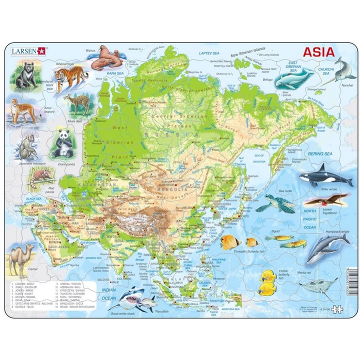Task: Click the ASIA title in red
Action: (x=317, y=51)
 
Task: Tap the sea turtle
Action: (x=272, y=202)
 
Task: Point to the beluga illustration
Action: (x=294, y=78)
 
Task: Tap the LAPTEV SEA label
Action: (x=209, y=52)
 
